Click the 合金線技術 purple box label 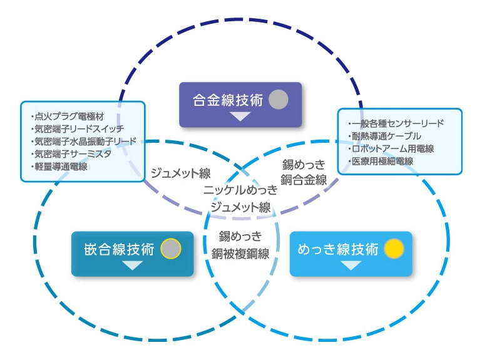[x=227, y=100]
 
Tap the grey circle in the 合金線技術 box [x=278, y=100]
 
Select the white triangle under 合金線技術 [x=240, y=116]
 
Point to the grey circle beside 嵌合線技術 [x=170, y=249]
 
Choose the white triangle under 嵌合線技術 [x=132, y=265]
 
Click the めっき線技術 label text [x=338, y=249]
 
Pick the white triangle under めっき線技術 [x=351, y=265]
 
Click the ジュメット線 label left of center [x=180, y=173]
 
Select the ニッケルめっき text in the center [x=240, y=190]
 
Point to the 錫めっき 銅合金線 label [x=304, y=173]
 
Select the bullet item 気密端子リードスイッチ [x=77, y=129]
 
